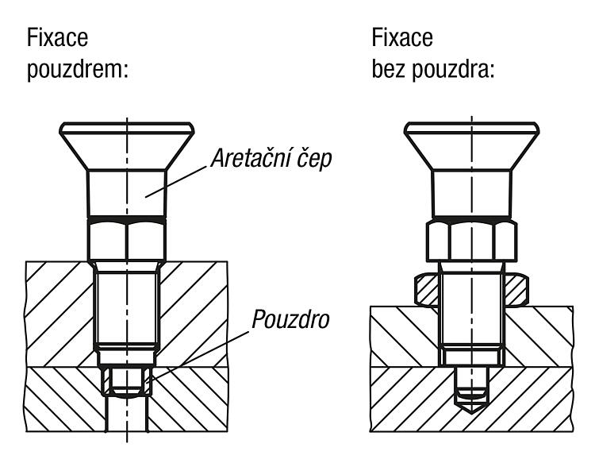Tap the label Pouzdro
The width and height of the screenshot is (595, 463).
pyautogui.click(x=290, y=319)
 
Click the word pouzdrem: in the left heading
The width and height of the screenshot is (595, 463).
pyautogui.click(x=77, y=70)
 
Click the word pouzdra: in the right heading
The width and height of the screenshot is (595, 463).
pyautogui.click(x=453, y=70)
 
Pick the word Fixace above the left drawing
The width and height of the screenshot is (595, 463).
pyautogui.click(x=57, y=37)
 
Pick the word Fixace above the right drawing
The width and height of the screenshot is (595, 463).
pyautogui.click(x=402, y=37)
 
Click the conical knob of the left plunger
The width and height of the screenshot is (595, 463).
pyautogui.click(x=127, y=146)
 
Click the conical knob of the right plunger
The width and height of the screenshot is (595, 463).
pyautogui.click(x=472, y=146)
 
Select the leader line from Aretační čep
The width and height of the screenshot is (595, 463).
pyautogui.click(x=177, y=182)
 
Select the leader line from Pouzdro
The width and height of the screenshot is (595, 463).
pyautogui.click(x=198, y=357)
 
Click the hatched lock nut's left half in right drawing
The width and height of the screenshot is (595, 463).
pyautogui.click(x=427, y=290)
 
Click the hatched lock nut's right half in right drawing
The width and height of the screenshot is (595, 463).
pyautogui.click(x=516, y=290)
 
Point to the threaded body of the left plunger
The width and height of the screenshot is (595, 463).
pyautogui.click(x=127, y=307)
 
